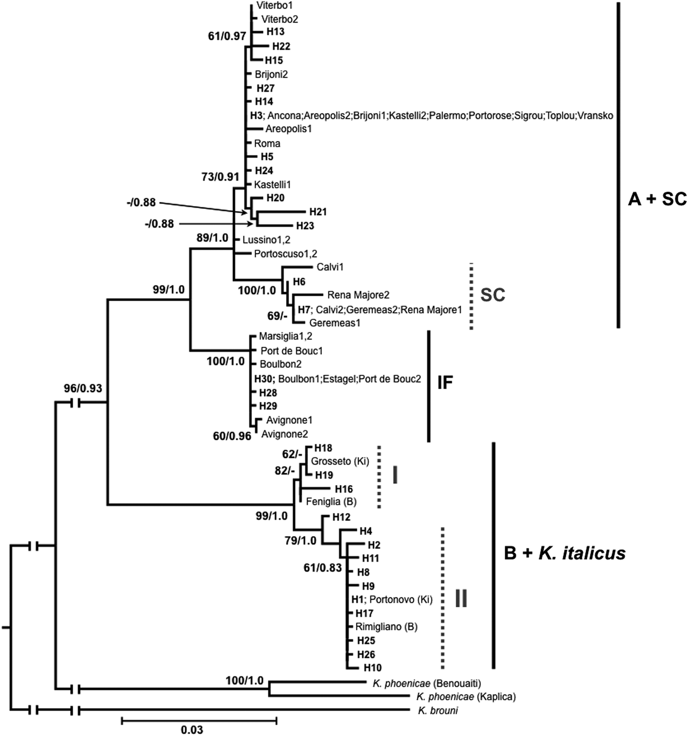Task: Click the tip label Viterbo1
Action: click(275, 5)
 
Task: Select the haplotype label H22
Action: click(281, 46)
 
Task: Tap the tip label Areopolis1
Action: click(288, 129)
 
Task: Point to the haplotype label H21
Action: click(318, 212)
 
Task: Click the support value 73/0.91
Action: click(220, 176)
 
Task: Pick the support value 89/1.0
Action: click(212, 238)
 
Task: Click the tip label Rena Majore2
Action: click(358, 295)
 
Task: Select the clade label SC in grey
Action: click(492, 295)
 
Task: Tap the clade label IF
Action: click(445, 382)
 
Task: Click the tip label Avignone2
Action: click(285, 434)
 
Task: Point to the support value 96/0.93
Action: click(83, 388)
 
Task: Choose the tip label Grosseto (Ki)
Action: click(340, 461)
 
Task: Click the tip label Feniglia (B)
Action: click(331, 502)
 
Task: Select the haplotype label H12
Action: click(341, 517)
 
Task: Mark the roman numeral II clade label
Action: click(461, 598)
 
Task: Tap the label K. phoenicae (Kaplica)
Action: click(466, 697)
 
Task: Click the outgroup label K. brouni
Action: click(437, 710)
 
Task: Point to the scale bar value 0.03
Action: click(192, 730)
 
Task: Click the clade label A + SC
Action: click(657, 199)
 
